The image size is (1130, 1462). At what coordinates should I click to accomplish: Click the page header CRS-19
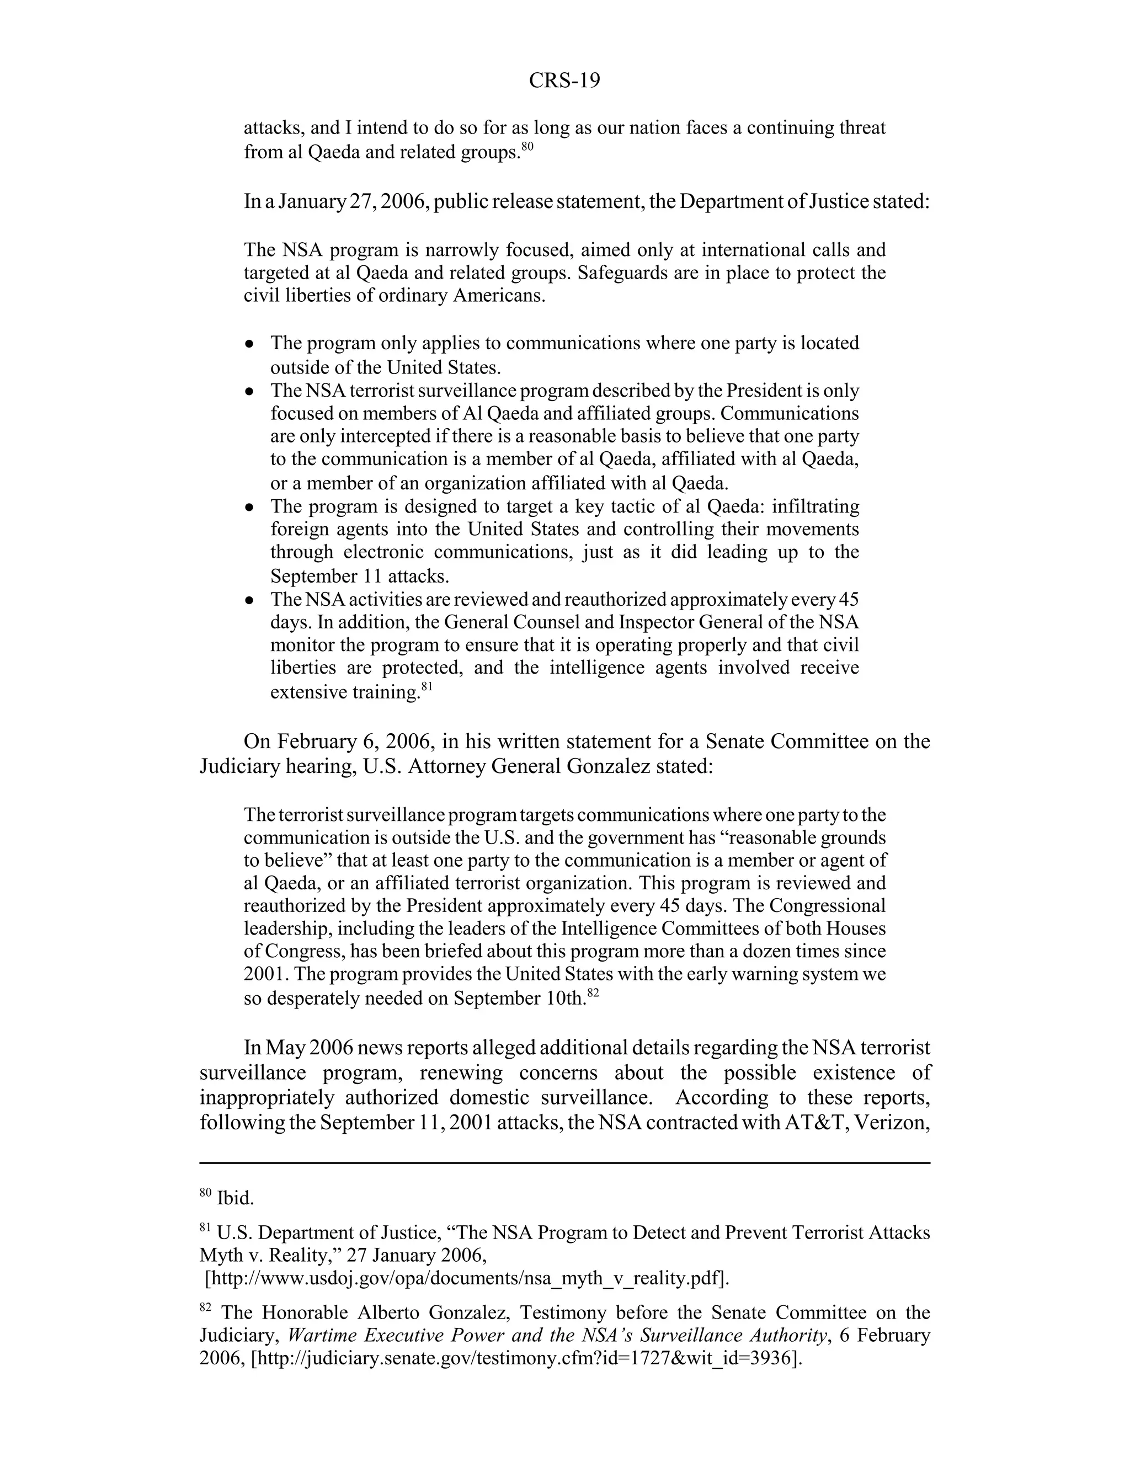[564, 81]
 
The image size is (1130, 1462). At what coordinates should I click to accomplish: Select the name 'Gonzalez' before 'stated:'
[608, 766]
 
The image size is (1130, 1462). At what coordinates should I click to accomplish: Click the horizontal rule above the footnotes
[564, 1164]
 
